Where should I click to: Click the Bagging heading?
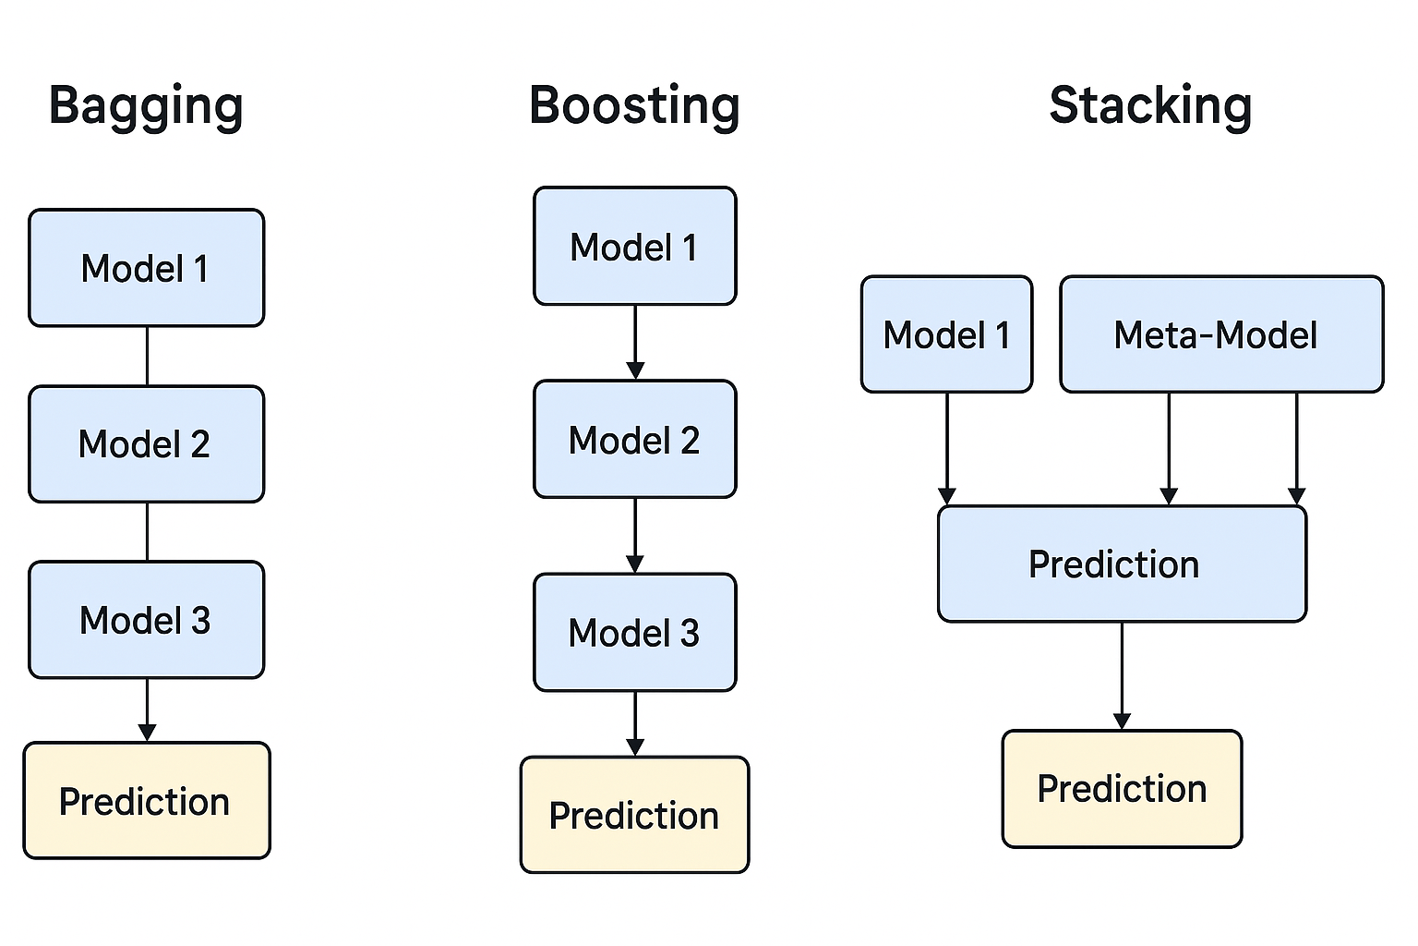(x=146, y=106)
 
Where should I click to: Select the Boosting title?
(x=634, y=106)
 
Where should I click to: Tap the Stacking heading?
(x=1150, y=106)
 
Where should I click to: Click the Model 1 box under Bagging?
(x=146, y=268)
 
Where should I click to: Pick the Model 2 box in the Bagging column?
(x=146, y=444)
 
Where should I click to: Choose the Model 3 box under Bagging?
(x=146, y=620)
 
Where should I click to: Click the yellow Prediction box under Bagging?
(x=147, y=801)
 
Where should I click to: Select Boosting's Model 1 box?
(x=635, y=246)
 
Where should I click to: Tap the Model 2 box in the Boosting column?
(x=635, y=439)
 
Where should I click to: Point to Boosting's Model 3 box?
(x=635, y=632)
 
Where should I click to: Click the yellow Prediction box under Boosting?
(x=635, y=815)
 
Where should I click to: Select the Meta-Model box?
(x=1221, y=334)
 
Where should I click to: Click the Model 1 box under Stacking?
(x=947, y=334)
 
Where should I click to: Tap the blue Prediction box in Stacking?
(x=1123, y=564)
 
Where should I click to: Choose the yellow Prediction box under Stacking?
(x=1123, y=789)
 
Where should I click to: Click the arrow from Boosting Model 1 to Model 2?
(x=635, y=342)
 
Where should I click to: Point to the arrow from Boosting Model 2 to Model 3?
(x=635, y=536)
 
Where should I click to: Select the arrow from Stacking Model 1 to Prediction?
(x=947, y=449)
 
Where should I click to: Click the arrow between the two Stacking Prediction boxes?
(x=1123, y=676)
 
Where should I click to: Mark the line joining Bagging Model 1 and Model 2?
(x=148, y=356)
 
